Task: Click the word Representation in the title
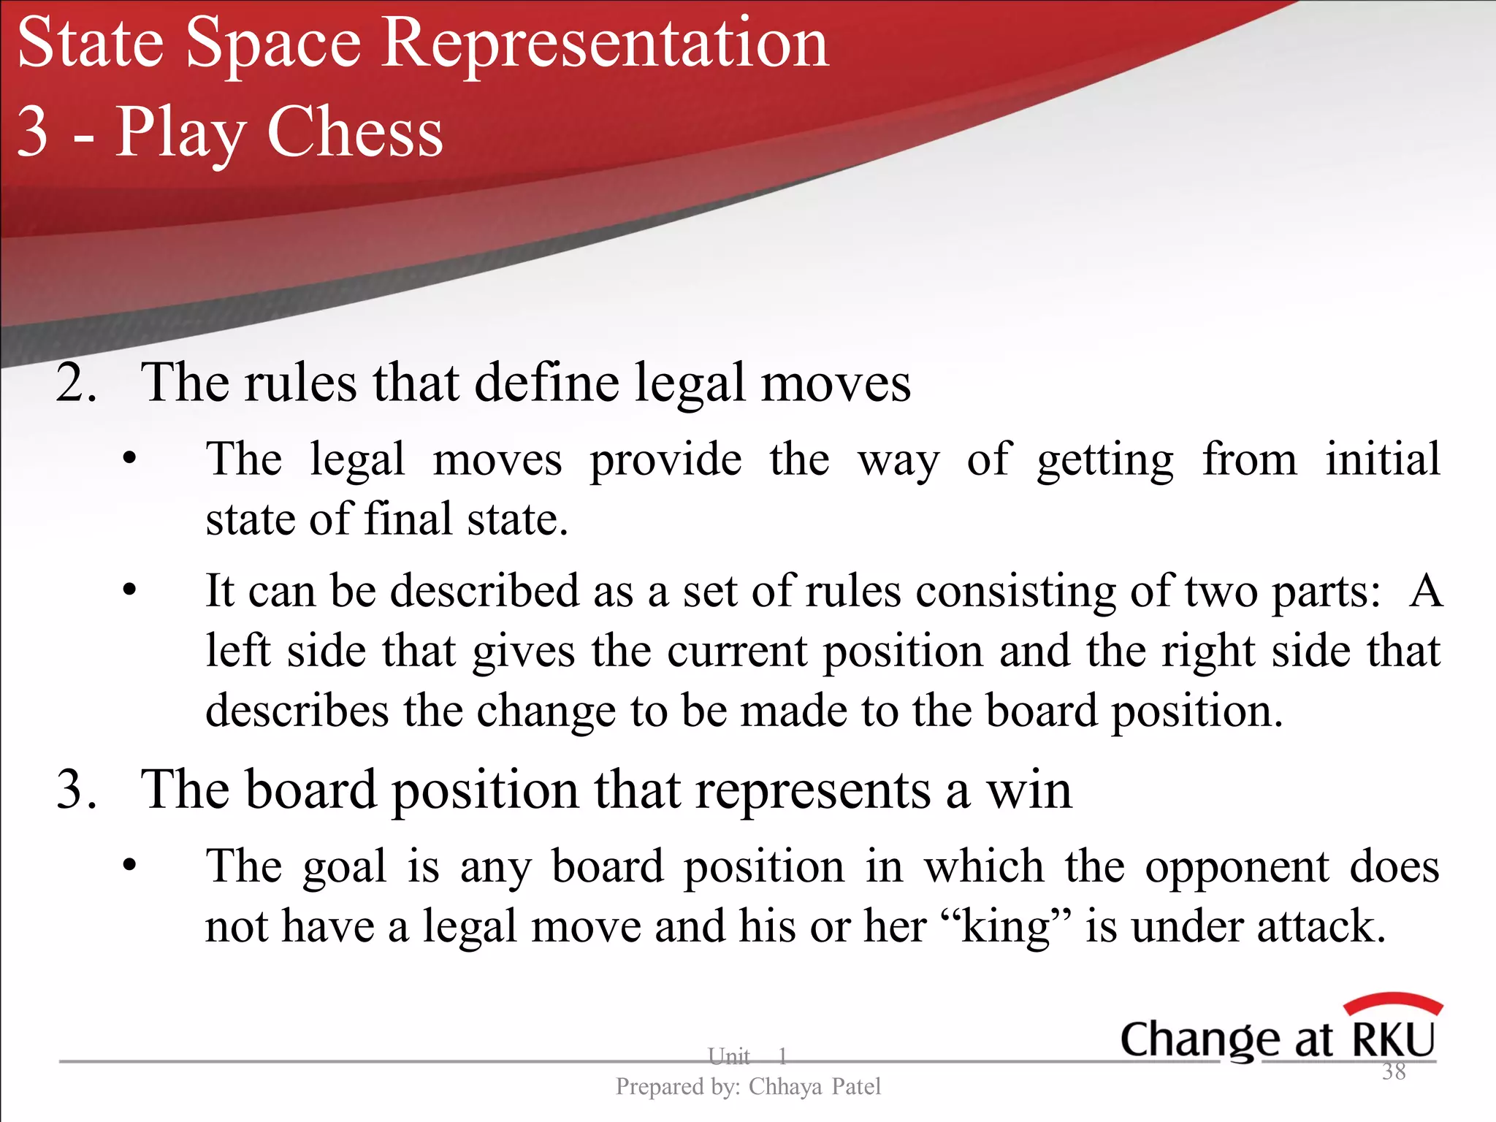[606, 45]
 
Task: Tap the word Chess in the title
[355, 133]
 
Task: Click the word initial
[1383, 459]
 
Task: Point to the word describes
[297, 711]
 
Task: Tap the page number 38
[1394, 1072]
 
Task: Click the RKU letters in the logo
[1394, 1039]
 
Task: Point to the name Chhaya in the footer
[785, 1087]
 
